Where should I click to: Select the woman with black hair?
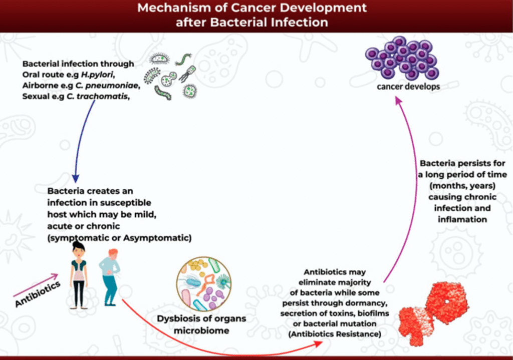pyautogui.click(x=79, y=273)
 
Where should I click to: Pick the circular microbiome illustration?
pyautogui.click(x=203, y=285)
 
